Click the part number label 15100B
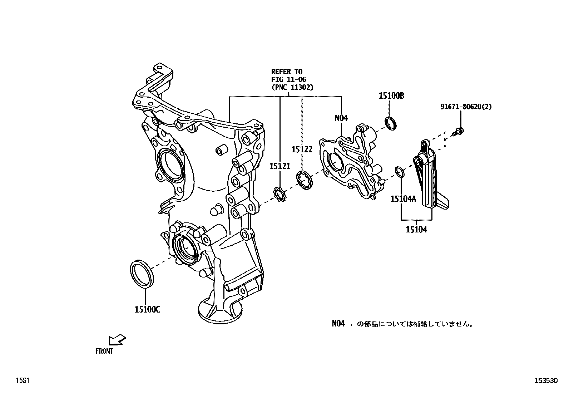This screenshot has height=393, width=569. [391, 96]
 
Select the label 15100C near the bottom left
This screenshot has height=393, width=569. [147, 310]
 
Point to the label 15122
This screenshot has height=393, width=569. [302, 149]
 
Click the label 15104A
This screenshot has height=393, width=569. [403, 199]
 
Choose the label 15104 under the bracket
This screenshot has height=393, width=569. [416, 230]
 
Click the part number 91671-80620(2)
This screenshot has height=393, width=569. [466, 107]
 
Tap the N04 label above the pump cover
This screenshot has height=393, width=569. [341, 118]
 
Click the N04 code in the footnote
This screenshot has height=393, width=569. [338, 324]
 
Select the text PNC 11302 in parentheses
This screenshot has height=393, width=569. [292, 87]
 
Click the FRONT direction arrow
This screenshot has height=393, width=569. [118, 340]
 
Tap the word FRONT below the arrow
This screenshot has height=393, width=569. [104, 352]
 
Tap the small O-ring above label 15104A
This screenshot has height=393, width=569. [400, 172]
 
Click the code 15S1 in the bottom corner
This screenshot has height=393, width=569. [21, 381]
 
